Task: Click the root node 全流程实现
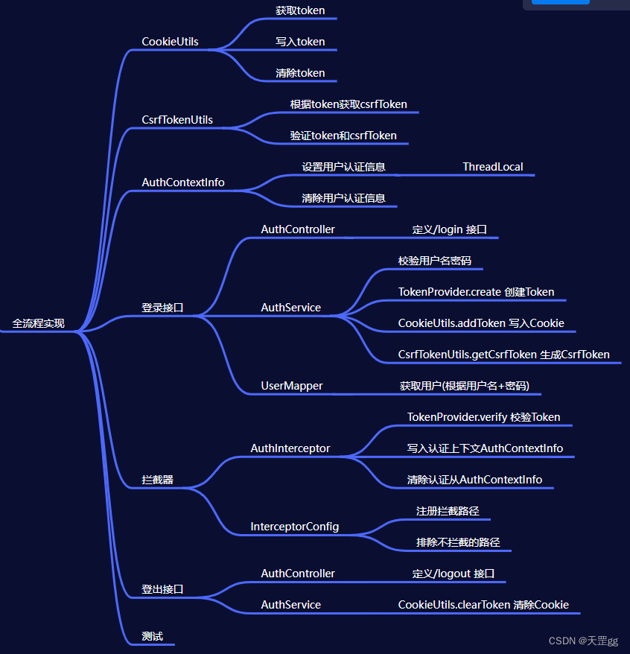pyautogui.click(x=38, y=323)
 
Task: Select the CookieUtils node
pyautogui.click(x=170, y=42)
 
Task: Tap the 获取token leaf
pyautogui.click(x=300, y=10)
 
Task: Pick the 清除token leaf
pyautogui.click(x=300, y=73)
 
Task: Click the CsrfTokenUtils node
pyautogui.click(x=177, y=120)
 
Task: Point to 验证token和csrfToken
pyautogui.click(x=343, y=136)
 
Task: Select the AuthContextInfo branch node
pyautogui.click(x=183, y=182)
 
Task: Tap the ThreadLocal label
pyautogui.click(x=493, y=167)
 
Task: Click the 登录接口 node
pyautogui.click(x=162, y=308)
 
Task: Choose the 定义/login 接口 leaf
pyautogui.click(x=450, y=229)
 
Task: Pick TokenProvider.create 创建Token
pyautogui.click(x=476, y=292)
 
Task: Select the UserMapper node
pyautogui.click(x=292, y=386)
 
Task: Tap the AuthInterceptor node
pyautogui.click(x=290, y=448)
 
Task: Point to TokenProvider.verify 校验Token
pyautogui.click(x=483, y=417)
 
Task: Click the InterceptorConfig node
pyautogui.click(x=295, y=527)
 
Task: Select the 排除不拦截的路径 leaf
pyautogui.click(x=458, y=542)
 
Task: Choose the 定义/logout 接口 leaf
pyautogui.click(x=454, y=574)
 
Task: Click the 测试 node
pyautogui.click(x=153, y=636)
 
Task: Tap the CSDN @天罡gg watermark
pyautogui.click(x=583, y=641)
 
